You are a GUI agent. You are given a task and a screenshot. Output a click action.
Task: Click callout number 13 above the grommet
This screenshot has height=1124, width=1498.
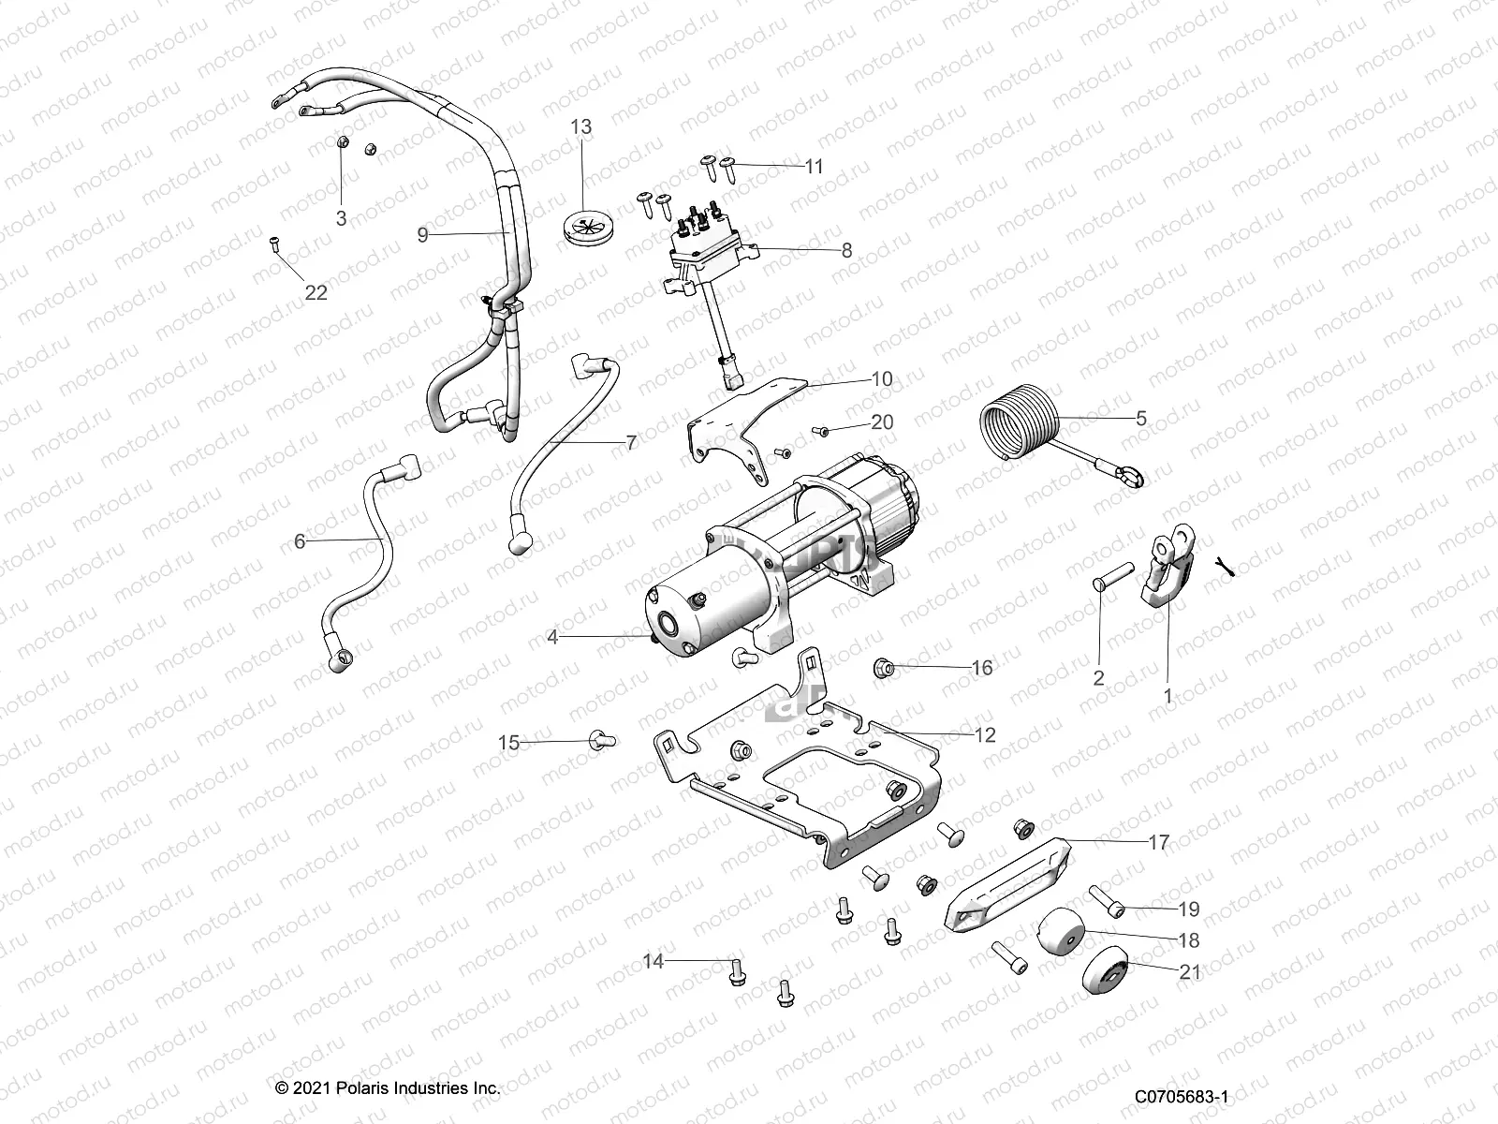[x=581, y=126]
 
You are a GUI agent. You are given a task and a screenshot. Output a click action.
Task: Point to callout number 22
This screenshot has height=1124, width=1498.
[x=316, y=292]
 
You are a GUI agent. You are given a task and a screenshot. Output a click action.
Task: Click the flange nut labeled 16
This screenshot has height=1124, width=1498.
[x=884, y=668]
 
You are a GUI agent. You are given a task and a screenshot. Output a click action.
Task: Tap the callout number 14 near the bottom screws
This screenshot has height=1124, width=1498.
[x=654, y=961]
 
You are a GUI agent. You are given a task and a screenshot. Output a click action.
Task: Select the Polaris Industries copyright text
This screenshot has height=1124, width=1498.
[x=388, y=1087]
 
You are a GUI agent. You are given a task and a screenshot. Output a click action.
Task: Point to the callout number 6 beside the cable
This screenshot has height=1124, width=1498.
[x=300, y=541]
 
